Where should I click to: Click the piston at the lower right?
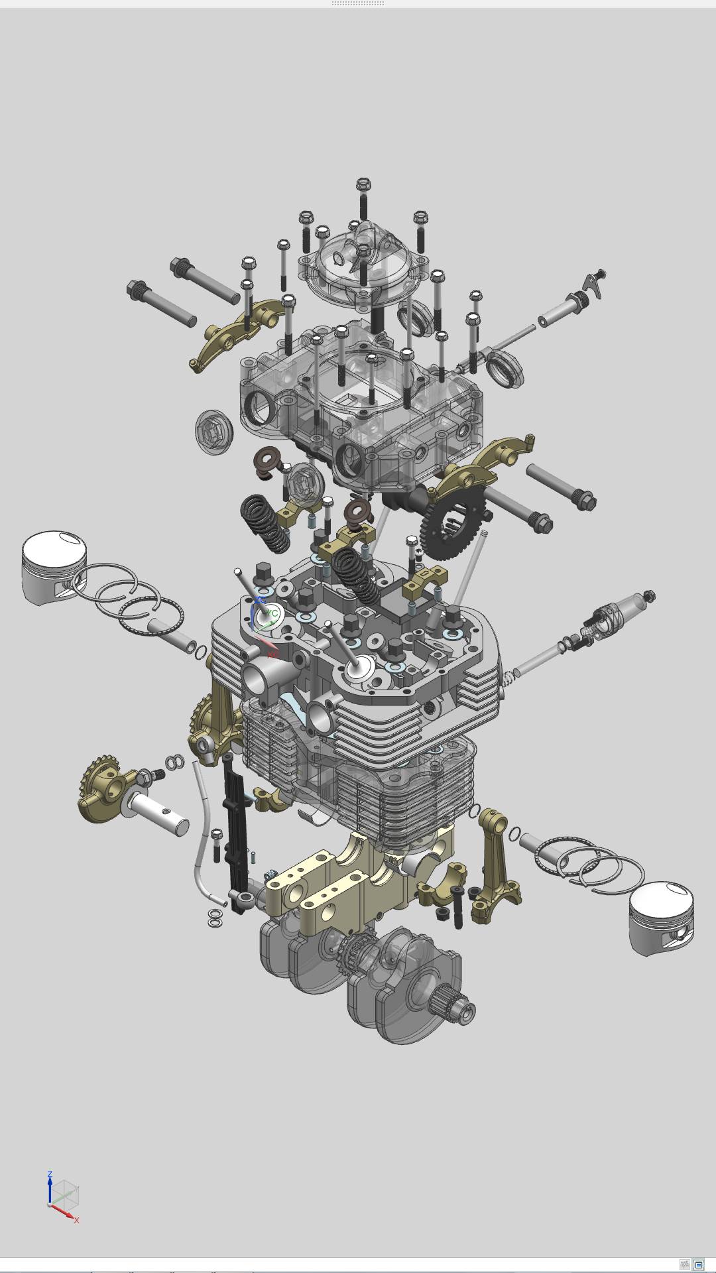pyautogui.click(x=662, y=918)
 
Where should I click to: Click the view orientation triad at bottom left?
pyautogui.click(x=64, y=1197)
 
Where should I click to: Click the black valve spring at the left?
pyautogui.click(x=265, y=524)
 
